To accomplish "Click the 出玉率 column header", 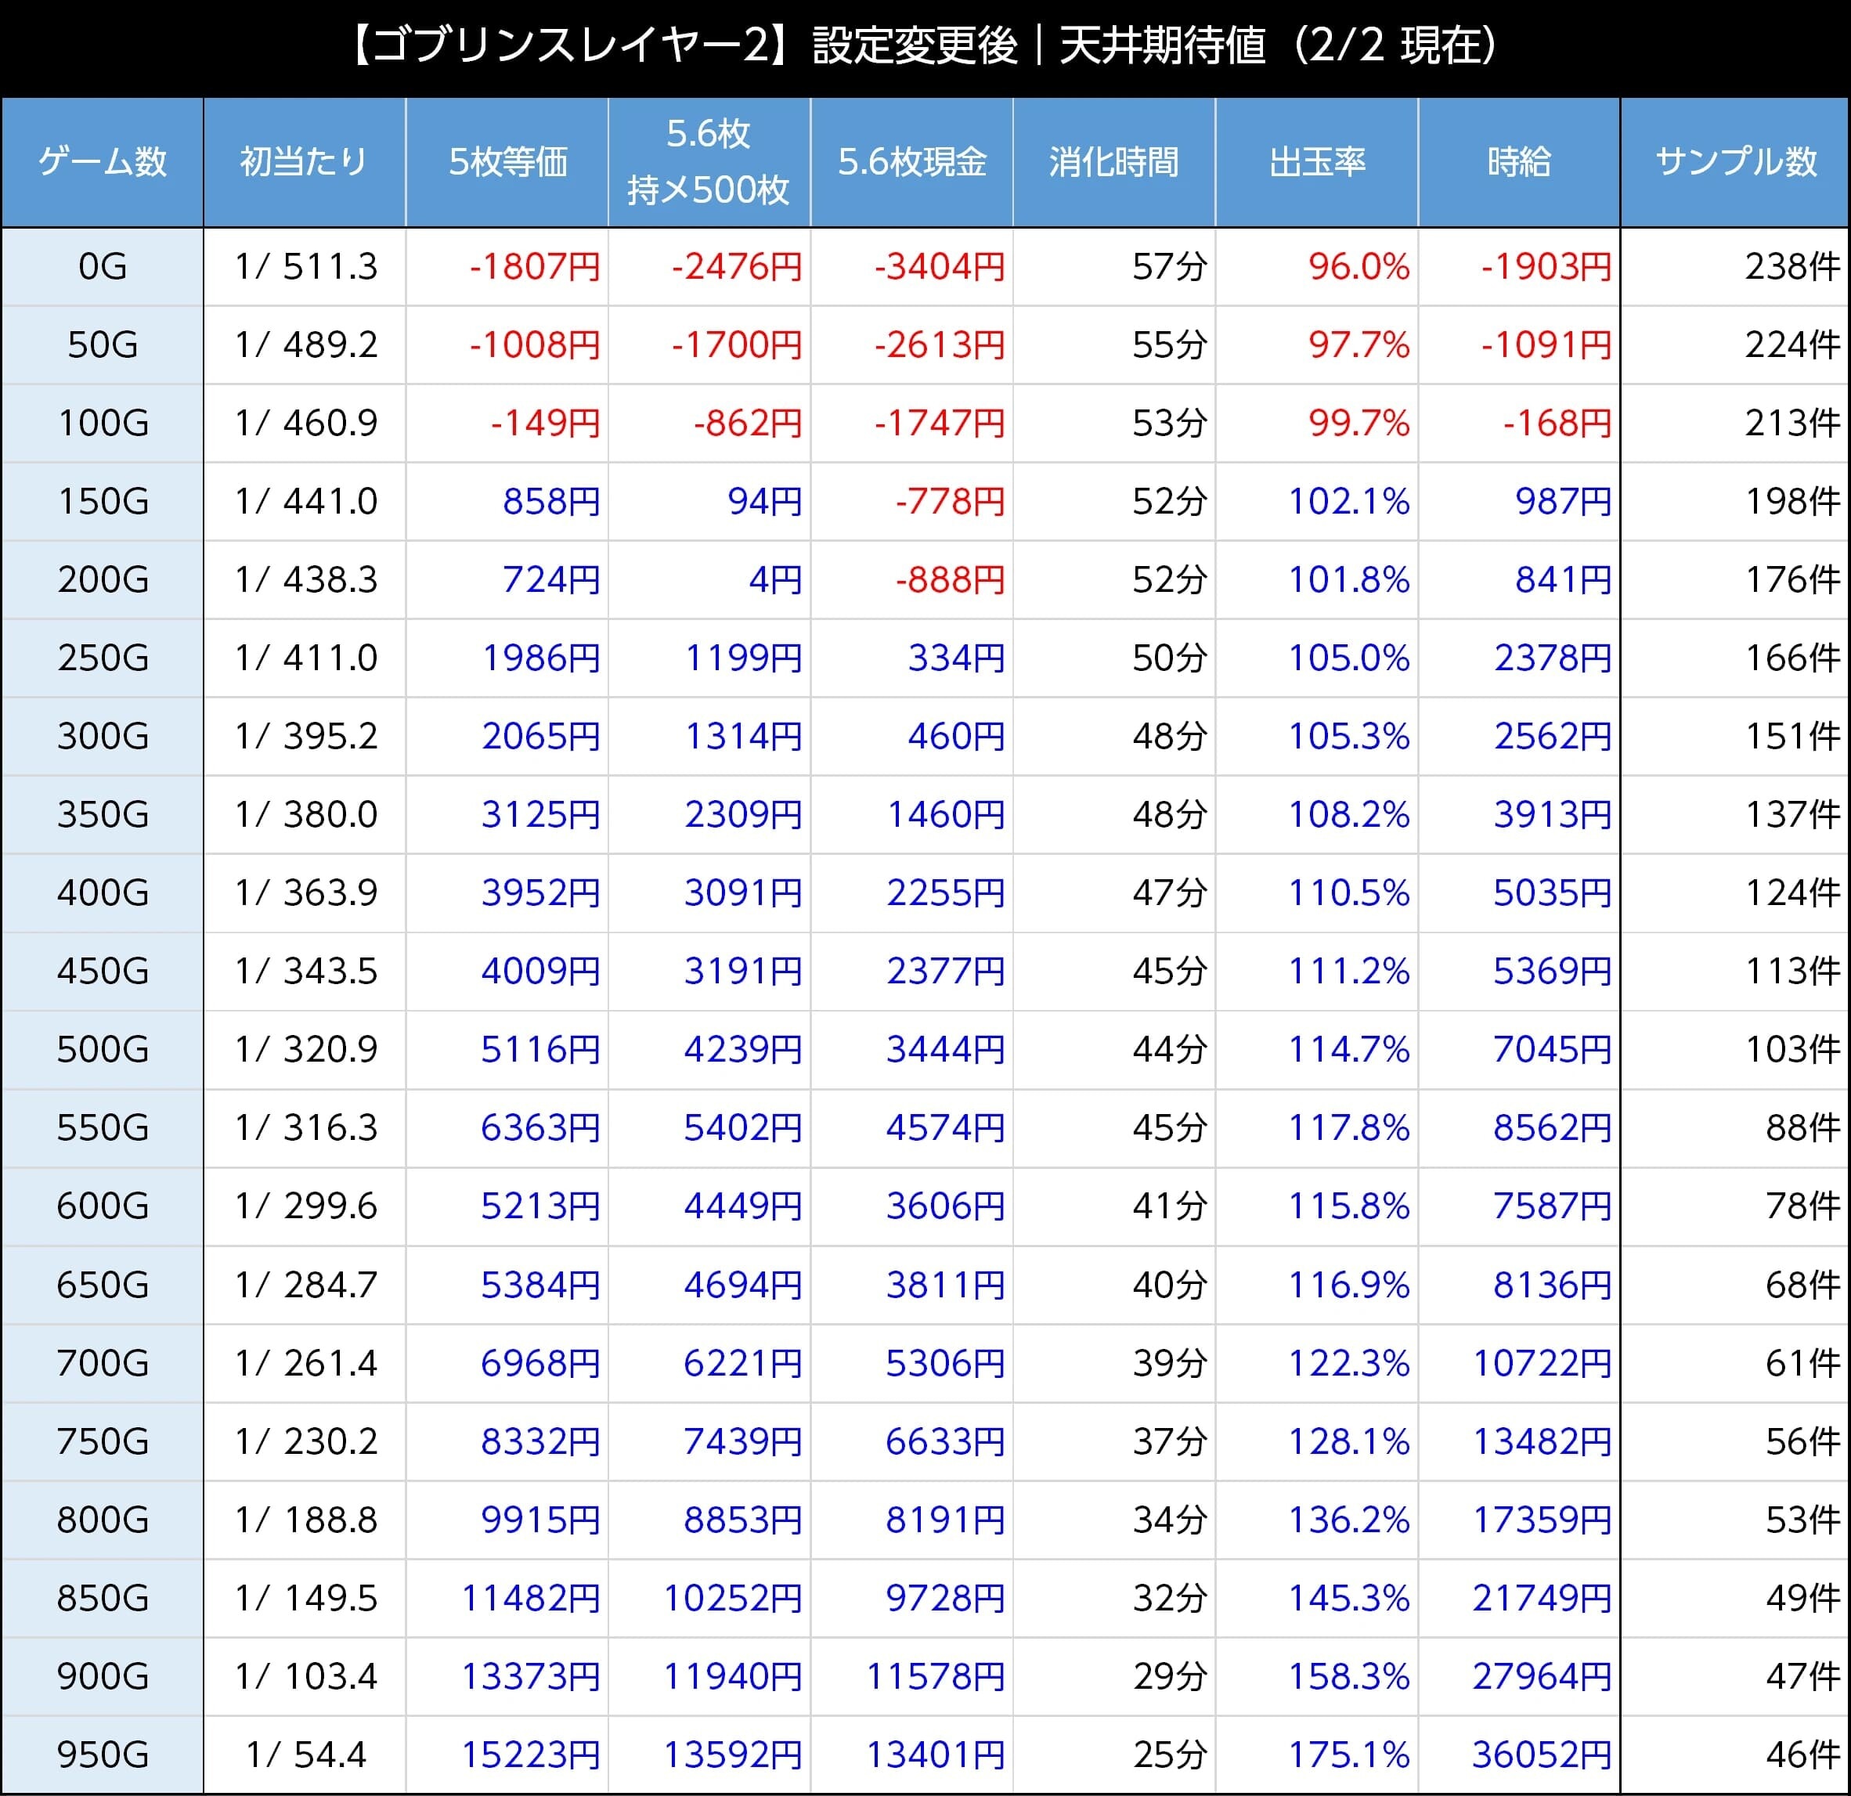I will click(x=1316, y=162).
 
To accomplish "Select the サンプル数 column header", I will click(x=1735, y=162).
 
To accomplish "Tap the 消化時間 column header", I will click(x=1113, y=162).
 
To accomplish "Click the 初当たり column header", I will click(x=303, y=162).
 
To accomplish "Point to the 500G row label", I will click(x=102, y=1049).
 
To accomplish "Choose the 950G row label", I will click(x=102, y=1755).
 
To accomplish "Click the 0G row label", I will click(x=102, y=267).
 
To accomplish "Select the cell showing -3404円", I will click(x=939, y=267).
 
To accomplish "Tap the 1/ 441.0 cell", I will click(x=306, y=501).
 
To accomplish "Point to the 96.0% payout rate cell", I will click(x=1358, y=267).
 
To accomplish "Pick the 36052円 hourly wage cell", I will click(x=1541, y=1755).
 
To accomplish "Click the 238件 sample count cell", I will click(x=1791, y=267).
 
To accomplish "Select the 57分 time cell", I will click(x=1169, y=267).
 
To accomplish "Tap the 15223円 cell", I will click(x=530, y=1755).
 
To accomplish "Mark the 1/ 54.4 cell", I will click(x=306, y=1755).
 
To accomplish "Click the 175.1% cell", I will click(x=1348, y=1755).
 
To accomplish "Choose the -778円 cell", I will click(x=949, y=501).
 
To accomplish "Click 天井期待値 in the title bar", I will click(x=1163, y=45).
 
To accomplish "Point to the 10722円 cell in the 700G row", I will click(x=1541, y=1362).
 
